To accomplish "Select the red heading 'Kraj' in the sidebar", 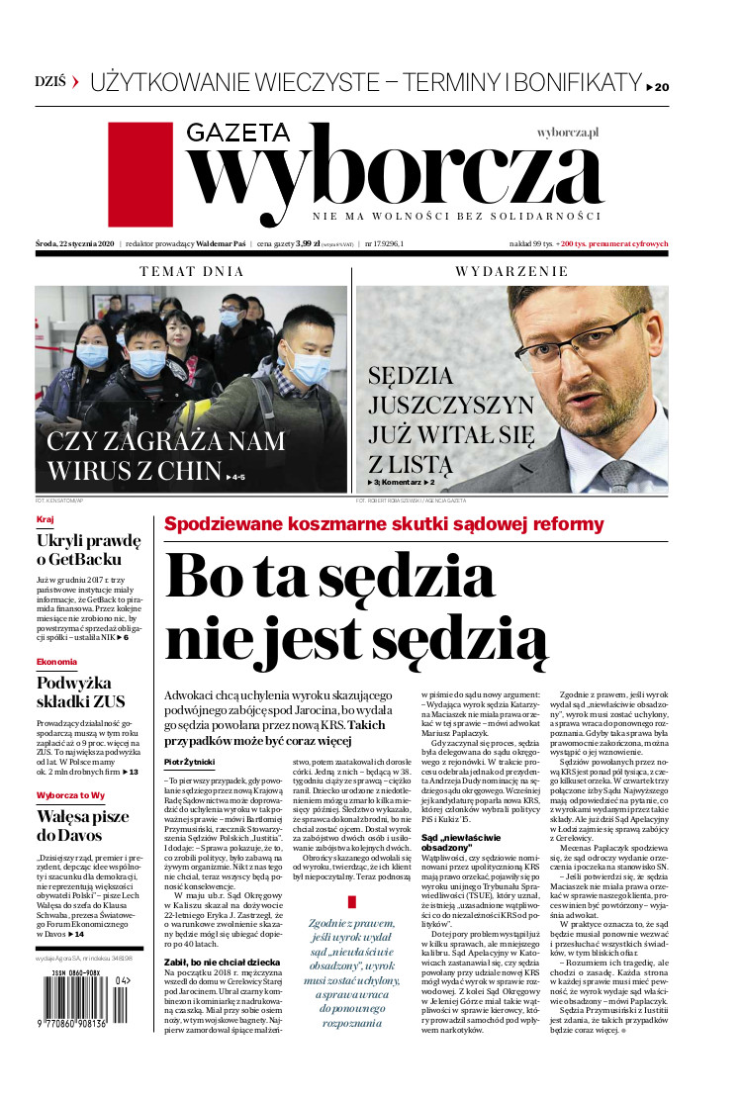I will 45,519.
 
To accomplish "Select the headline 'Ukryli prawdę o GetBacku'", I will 88,551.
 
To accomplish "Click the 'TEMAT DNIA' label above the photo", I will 191,271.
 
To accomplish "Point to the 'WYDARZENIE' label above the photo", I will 510,271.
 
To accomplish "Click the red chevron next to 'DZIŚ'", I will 74,82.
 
